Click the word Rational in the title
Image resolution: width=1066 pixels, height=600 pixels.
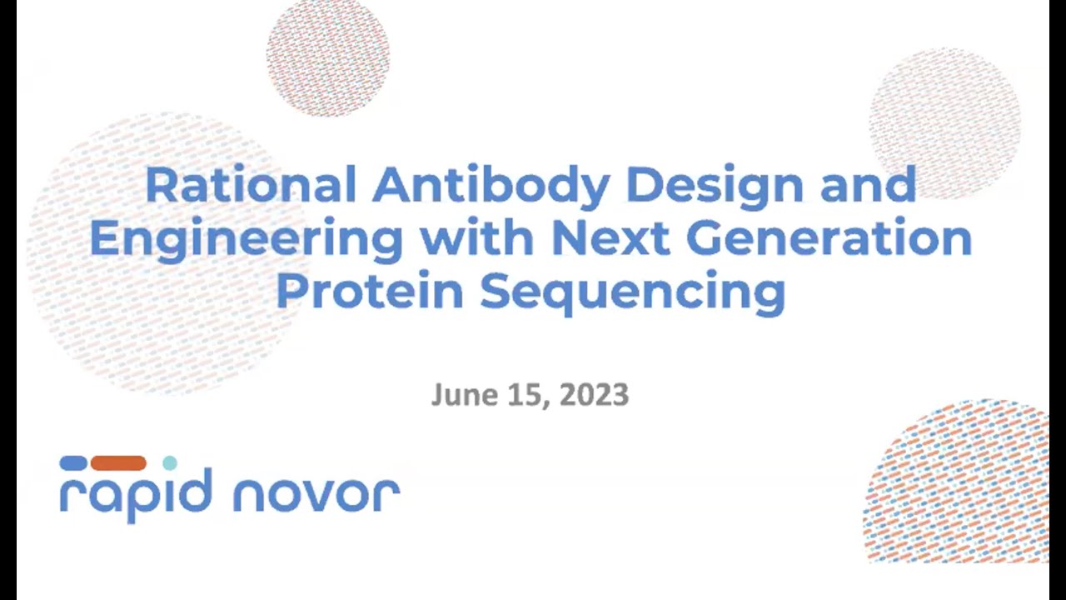[x=251, y=185]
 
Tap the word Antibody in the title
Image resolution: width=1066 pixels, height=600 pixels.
[x=491, y=185]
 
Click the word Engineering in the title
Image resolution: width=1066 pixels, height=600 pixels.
[x=247, y=240]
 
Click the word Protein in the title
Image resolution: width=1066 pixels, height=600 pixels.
[x=370, y=291]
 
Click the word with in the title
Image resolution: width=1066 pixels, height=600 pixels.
[x=477, y=238]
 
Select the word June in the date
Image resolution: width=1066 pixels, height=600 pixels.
[x=459, y=394]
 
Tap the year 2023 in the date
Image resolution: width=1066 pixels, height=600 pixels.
[x=593, y=394]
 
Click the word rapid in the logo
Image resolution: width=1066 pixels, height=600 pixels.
[x=136, y=494]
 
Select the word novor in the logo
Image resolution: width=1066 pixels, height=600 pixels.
[x=316, y=494]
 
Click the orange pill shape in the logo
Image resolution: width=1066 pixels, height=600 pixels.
[x=118, y=463]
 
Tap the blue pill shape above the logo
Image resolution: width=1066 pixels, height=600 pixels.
[x=73, y=463]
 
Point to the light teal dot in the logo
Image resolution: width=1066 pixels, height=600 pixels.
[x=170, y=463]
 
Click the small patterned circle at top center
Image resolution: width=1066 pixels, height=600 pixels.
[x=328, y=55]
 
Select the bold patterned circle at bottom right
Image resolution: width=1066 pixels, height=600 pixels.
[x=958, y=483]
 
